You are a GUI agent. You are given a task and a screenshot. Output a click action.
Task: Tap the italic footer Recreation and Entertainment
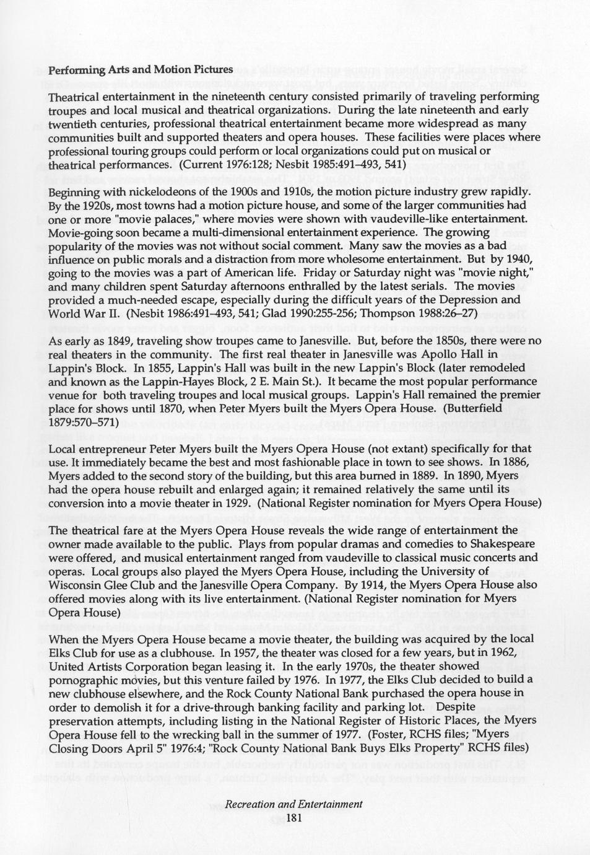293,804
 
